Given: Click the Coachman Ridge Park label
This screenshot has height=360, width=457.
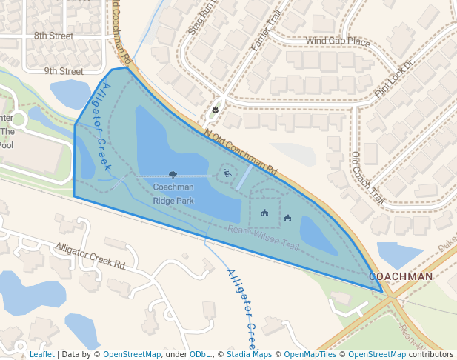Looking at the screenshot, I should [173, 193].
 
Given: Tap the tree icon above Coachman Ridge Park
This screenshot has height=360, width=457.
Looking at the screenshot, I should [173, 175].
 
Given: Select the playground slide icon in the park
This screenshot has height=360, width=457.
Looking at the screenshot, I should [227, 174].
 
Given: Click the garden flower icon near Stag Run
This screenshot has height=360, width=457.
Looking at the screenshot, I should [215, 110].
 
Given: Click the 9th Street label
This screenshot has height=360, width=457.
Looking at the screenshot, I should [63, 71].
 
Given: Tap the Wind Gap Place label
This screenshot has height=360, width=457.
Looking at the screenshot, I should [337, 41].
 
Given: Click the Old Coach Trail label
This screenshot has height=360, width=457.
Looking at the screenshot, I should [367, 178].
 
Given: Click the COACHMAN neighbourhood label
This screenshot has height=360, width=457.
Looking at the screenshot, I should [401, 276].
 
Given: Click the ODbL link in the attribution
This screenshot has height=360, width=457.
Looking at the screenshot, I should [199, 354].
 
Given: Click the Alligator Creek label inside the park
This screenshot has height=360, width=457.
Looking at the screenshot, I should [100, 127].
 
